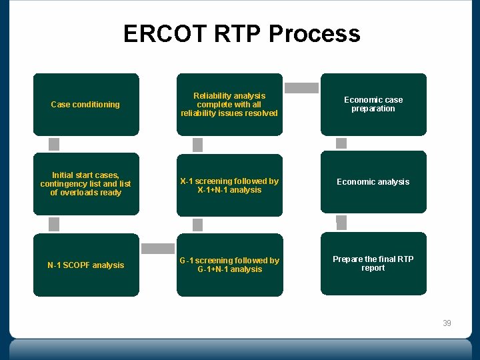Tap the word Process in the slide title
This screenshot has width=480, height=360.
click(317, 33)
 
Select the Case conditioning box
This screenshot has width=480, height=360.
click(86, 105)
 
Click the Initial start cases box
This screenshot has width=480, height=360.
click(86, 184)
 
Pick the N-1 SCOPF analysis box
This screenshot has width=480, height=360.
click(86, 265)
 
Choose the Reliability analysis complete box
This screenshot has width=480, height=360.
click(229, 105)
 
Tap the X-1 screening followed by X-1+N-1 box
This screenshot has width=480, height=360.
click(229, 185)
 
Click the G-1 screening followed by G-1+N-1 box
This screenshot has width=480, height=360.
click(229, 265)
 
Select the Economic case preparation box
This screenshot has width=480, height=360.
click(373, 104)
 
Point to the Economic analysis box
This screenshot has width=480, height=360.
click(373, 182)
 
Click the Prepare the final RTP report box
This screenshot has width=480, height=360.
click(373, 263)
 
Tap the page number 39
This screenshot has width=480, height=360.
click(447, 323)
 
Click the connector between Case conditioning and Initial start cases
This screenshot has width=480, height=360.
click(54, 144)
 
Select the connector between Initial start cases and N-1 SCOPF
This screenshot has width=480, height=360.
click(54, 224)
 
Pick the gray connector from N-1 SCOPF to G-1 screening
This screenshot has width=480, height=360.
click(158, 248)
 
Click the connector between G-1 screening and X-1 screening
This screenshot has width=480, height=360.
click(197, 225)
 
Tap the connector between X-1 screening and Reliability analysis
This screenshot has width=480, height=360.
click(197, 145)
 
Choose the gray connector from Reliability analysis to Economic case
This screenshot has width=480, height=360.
click(302, 87)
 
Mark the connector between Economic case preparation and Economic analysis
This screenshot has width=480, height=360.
click(341, 143)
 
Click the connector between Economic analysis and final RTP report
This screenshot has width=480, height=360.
click(341, 223)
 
